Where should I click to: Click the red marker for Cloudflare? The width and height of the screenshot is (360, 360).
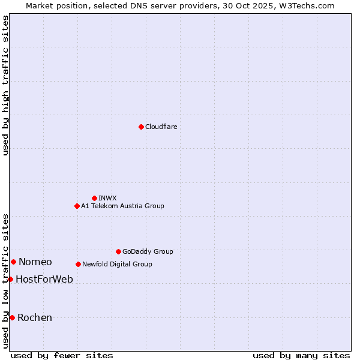141,127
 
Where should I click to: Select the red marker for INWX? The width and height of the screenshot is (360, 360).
94,198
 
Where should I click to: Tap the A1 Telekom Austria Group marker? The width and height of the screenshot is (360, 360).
77,206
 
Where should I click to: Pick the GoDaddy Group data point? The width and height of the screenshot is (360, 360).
118,251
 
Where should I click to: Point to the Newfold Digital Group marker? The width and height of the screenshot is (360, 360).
78,264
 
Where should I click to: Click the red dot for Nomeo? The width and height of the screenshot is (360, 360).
13,262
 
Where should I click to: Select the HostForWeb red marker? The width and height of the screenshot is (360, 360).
10,279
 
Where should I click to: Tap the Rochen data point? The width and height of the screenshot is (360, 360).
12,317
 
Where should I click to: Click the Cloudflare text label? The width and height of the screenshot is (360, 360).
161,127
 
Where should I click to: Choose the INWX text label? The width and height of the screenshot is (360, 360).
107,198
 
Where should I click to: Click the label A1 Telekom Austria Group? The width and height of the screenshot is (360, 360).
122,206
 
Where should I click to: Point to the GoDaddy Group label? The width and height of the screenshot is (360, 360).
148,251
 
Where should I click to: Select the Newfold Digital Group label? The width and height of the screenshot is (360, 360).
117,264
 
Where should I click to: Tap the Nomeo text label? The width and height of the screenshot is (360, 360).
35,262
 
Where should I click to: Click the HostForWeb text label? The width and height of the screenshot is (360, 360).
44,279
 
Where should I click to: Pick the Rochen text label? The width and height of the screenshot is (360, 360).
35,317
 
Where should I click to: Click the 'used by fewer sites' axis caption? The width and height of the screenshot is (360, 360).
62,355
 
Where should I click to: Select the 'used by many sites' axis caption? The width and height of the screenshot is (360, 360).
301,355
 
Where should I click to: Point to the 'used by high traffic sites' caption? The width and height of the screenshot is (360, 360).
5,85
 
